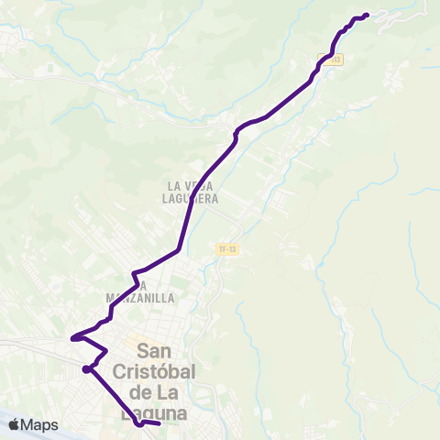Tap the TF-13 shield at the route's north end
point(331,60)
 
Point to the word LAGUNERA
point(191,197)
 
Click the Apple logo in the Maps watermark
point(15,424)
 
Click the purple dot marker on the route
point(85,369)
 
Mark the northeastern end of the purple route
point(367,15)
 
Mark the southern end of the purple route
point(159,423)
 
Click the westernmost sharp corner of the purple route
point(71,336)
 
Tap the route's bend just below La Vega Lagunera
point(178,250)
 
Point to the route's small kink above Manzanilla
point(134,272)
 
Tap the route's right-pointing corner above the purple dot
point(106,350)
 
